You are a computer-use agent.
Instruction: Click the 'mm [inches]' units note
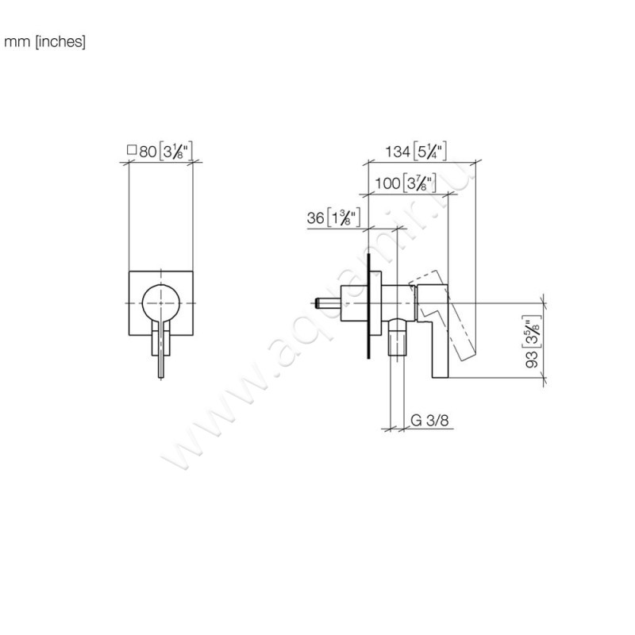pyautogui.click(x=44, y=42)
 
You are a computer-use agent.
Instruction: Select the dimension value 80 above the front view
pyautogui.click(x=148, y=152)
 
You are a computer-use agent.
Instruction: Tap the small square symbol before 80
pyautogui.click(x=132, y=150)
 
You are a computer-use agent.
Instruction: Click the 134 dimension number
pyautogui.click(x=398, y=152)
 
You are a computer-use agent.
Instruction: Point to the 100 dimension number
pyautogui.click(x=387, y=183)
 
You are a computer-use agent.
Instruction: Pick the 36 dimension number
pyautogui.click(x=315, y=217)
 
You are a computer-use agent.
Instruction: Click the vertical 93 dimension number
pyautogui.click(x=532, y=360)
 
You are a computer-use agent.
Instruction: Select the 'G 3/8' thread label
pyautogui.click(x=429, y=421)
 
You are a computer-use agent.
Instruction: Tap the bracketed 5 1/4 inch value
pyautogui.click(x=429, y=152)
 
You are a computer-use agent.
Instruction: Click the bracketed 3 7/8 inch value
pyautogui.click(x=419, y=183)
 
